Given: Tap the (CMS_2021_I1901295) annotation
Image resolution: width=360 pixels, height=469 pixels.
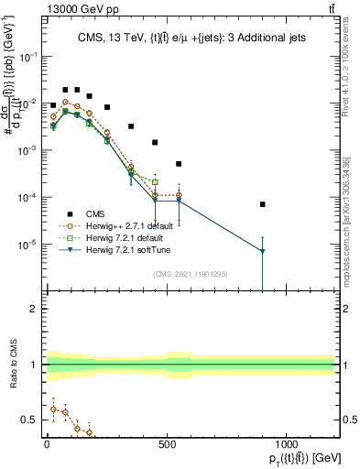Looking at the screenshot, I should coord(190,274).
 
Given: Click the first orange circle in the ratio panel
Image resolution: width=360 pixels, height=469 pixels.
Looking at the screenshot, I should coord(53,409).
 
